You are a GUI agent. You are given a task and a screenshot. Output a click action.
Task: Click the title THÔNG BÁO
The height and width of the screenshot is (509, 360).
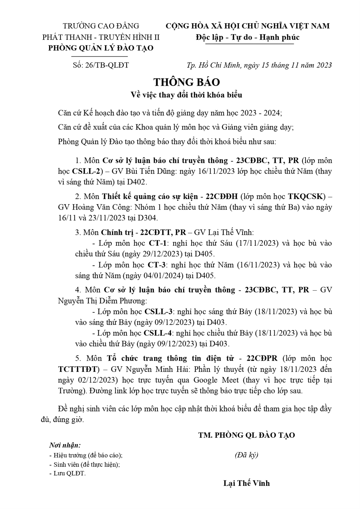click(187, 82)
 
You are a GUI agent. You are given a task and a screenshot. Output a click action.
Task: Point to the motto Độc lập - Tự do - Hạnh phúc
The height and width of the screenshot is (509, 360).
click(248, 37)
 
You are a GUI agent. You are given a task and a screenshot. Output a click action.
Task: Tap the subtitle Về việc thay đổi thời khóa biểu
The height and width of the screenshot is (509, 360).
click(186, 95)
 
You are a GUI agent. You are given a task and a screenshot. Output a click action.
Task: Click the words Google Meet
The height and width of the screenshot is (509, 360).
click(216, 380)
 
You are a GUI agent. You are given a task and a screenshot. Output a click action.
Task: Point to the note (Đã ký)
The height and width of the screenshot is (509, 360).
click(246, 455)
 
